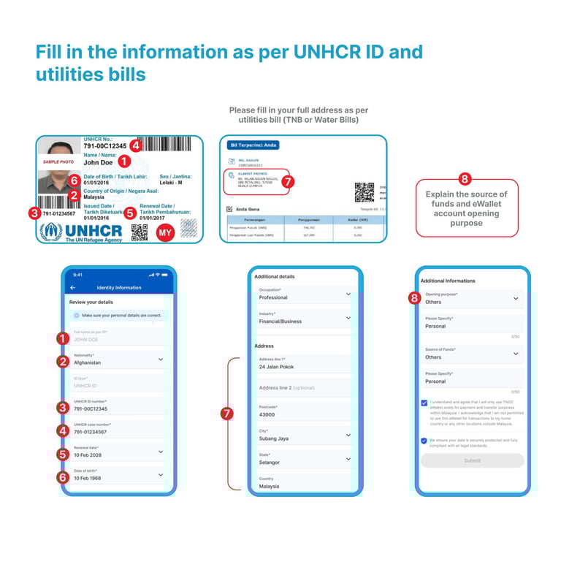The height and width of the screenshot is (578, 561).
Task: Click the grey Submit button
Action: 472,460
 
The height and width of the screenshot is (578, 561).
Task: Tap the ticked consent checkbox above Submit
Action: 424,403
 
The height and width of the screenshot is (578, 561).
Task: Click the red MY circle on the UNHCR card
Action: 165,232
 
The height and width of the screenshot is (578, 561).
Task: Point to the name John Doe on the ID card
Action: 99,162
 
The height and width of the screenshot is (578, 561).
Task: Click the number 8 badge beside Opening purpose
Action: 414,297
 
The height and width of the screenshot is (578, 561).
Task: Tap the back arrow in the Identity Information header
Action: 73,288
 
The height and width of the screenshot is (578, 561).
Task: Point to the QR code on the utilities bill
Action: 364,191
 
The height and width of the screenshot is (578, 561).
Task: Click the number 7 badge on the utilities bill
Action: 287,182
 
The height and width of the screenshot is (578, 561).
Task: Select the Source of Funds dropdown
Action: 472,354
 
